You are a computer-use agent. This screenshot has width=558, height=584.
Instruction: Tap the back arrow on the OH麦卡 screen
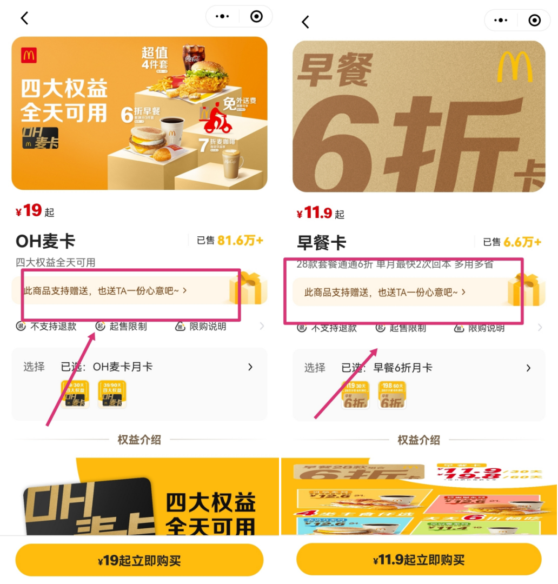tap(24, 18)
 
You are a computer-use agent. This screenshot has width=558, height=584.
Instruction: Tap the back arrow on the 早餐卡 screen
tap(305, 22)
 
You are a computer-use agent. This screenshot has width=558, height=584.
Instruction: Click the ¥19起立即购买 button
tap(139, 560)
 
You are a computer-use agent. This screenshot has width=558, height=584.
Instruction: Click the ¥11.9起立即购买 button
tap(418, 560)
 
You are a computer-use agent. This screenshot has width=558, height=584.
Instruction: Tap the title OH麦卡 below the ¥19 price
tap(45, 241)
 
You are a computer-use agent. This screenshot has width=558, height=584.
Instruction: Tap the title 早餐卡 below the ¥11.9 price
tap(322, 243)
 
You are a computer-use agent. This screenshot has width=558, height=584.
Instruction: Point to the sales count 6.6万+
tap(522, 242)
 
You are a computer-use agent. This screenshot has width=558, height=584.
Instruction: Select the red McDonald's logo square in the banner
tap(29, 55)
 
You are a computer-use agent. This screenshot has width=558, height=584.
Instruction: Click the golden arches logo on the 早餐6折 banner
tap(514, 67)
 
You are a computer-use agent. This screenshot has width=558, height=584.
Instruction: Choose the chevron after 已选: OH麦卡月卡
tap(250, 367)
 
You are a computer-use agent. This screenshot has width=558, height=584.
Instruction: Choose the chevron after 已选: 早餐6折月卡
tap(528, 368)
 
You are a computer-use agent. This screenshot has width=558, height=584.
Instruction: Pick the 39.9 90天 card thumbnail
tap(112, 394)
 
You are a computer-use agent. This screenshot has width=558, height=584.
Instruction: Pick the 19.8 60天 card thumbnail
tap(392, 395)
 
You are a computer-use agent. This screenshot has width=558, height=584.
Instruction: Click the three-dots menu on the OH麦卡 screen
tap(222, 17)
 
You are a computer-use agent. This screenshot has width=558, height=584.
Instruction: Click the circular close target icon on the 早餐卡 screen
tap(534, 21)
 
